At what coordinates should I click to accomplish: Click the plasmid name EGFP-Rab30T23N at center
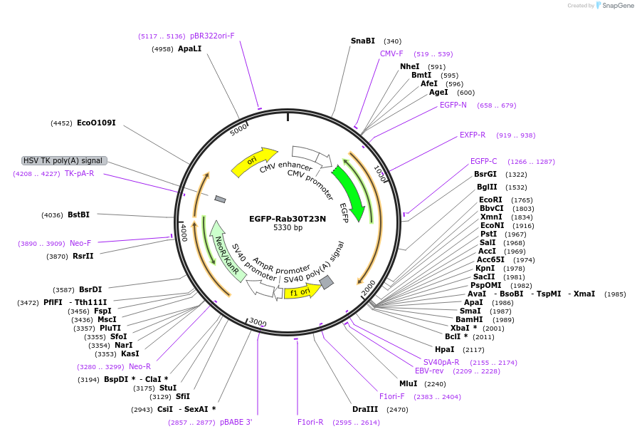click(288, 219)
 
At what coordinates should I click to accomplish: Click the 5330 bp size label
click(288, 228)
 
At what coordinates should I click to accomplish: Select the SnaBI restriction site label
click(363, 41)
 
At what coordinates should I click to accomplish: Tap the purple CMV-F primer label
click(391, 53)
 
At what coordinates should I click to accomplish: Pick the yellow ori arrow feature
click(253, 162)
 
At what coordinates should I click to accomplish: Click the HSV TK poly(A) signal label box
click(65, 160)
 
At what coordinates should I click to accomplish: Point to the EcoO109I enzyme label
click(96, 123)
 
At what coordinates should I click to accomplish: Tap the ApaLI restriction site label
click(190, 49)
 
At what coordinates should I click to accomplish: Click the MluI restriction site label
click(409, 383)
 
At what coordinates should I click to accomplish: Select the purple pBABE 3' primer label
click(236, 422)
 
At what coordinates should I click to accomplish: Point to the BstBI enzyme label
click(79, 215)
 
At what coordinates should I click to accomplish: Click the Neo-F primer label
click(80, 243)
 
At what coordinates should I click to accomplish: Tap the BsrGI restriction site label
click(485, 174)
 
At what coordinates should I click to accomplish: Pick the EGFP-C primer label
click(484, 161)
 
